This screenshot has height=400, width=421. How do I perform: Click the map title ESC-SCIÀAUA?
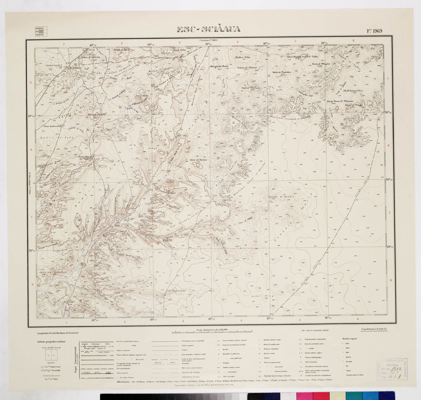pos(208,30)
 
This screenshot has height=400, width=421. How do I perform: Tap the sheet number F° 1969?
pos(374,31)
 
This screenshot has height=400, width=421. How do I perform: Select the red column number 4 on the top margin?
pos(237,42)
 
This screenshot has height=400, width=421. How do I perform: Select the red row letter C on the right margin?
pos(390,213)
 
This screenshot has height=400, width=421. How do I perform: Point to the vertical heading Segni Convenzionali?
pos(76,361)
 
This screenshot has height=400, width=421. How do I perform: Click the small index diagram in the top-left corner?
pos(39,31)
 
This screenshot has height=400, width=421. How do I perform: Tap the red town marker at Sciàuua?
pos(68,67)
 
